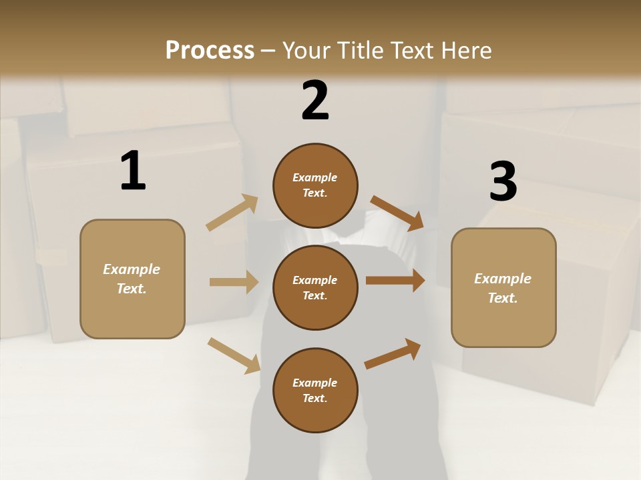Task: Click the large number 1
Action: point(133,171)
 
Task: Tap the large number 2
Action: point(315,101)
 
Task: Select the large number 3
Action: point(503,182)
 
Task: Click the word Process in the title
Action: point(210,50)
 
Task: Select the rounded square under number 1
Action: point(132,279)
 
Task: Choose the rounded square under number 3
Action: point(503,287)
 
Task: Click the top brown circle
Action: point(315,185)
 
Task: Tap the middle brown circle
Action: point(315,287)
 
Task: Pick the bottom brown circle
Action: point(315,390)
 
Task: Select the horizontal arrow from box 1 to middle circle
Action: point(234,282)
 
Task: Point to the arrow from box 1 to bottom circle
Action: point(234,355)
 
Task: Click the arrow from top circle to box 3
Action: point(397,213)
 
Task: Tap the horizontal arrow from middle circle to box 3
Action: point(395,281)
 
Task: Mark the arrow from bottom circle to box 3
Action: point(393,354)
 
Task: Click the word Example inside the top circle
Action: point(315,177)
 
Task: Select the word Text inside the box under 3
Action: point(502,298)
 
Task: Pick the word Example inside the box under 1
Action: point(132,269)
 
